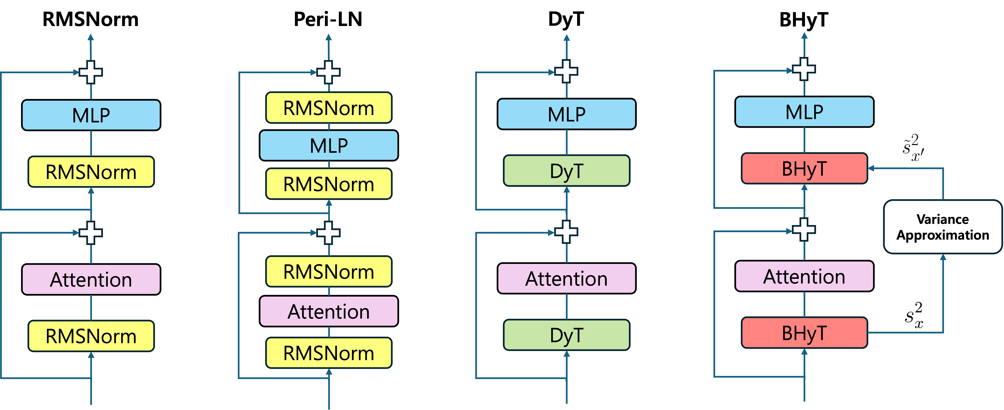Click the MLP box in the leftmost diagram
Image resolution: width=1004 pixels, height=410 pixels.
(91, 115)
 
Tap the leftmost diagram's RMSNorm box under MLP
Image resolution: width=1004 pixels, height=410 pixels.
(91, 172)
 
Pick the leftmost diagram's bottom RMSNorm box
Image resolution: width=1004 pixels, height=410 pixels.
(91, 336)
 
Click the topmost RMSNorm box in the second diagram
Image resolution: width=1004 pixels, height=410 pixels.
(329, 108)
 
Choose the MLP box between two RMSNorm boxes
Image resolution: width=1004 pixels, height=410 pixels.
(329, 145)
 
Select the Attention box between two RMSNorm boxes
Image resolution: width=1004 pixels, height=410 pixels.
(329, 311)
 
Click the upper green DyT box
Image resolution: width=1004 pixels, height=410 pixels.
(566, 171)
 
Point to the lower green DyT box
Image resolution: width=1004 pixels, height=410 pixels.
(566, 335)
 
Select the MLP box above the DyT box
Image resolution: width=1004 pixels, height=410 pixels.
(566, 114)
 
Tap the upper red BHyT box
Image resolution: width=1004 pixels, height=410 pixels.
(804, 168)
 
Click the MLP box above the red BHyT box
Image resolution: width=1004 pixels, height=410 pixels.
(804, 112)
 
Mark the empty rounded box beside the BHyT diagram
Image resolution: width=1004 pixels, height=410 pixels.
(942, 226)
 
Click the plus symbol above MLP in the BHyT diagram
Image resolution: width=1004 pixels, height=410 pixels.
(804, 69)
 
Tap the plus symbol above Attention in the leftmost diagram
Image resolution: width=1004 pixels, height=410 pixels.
(91, 233)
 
